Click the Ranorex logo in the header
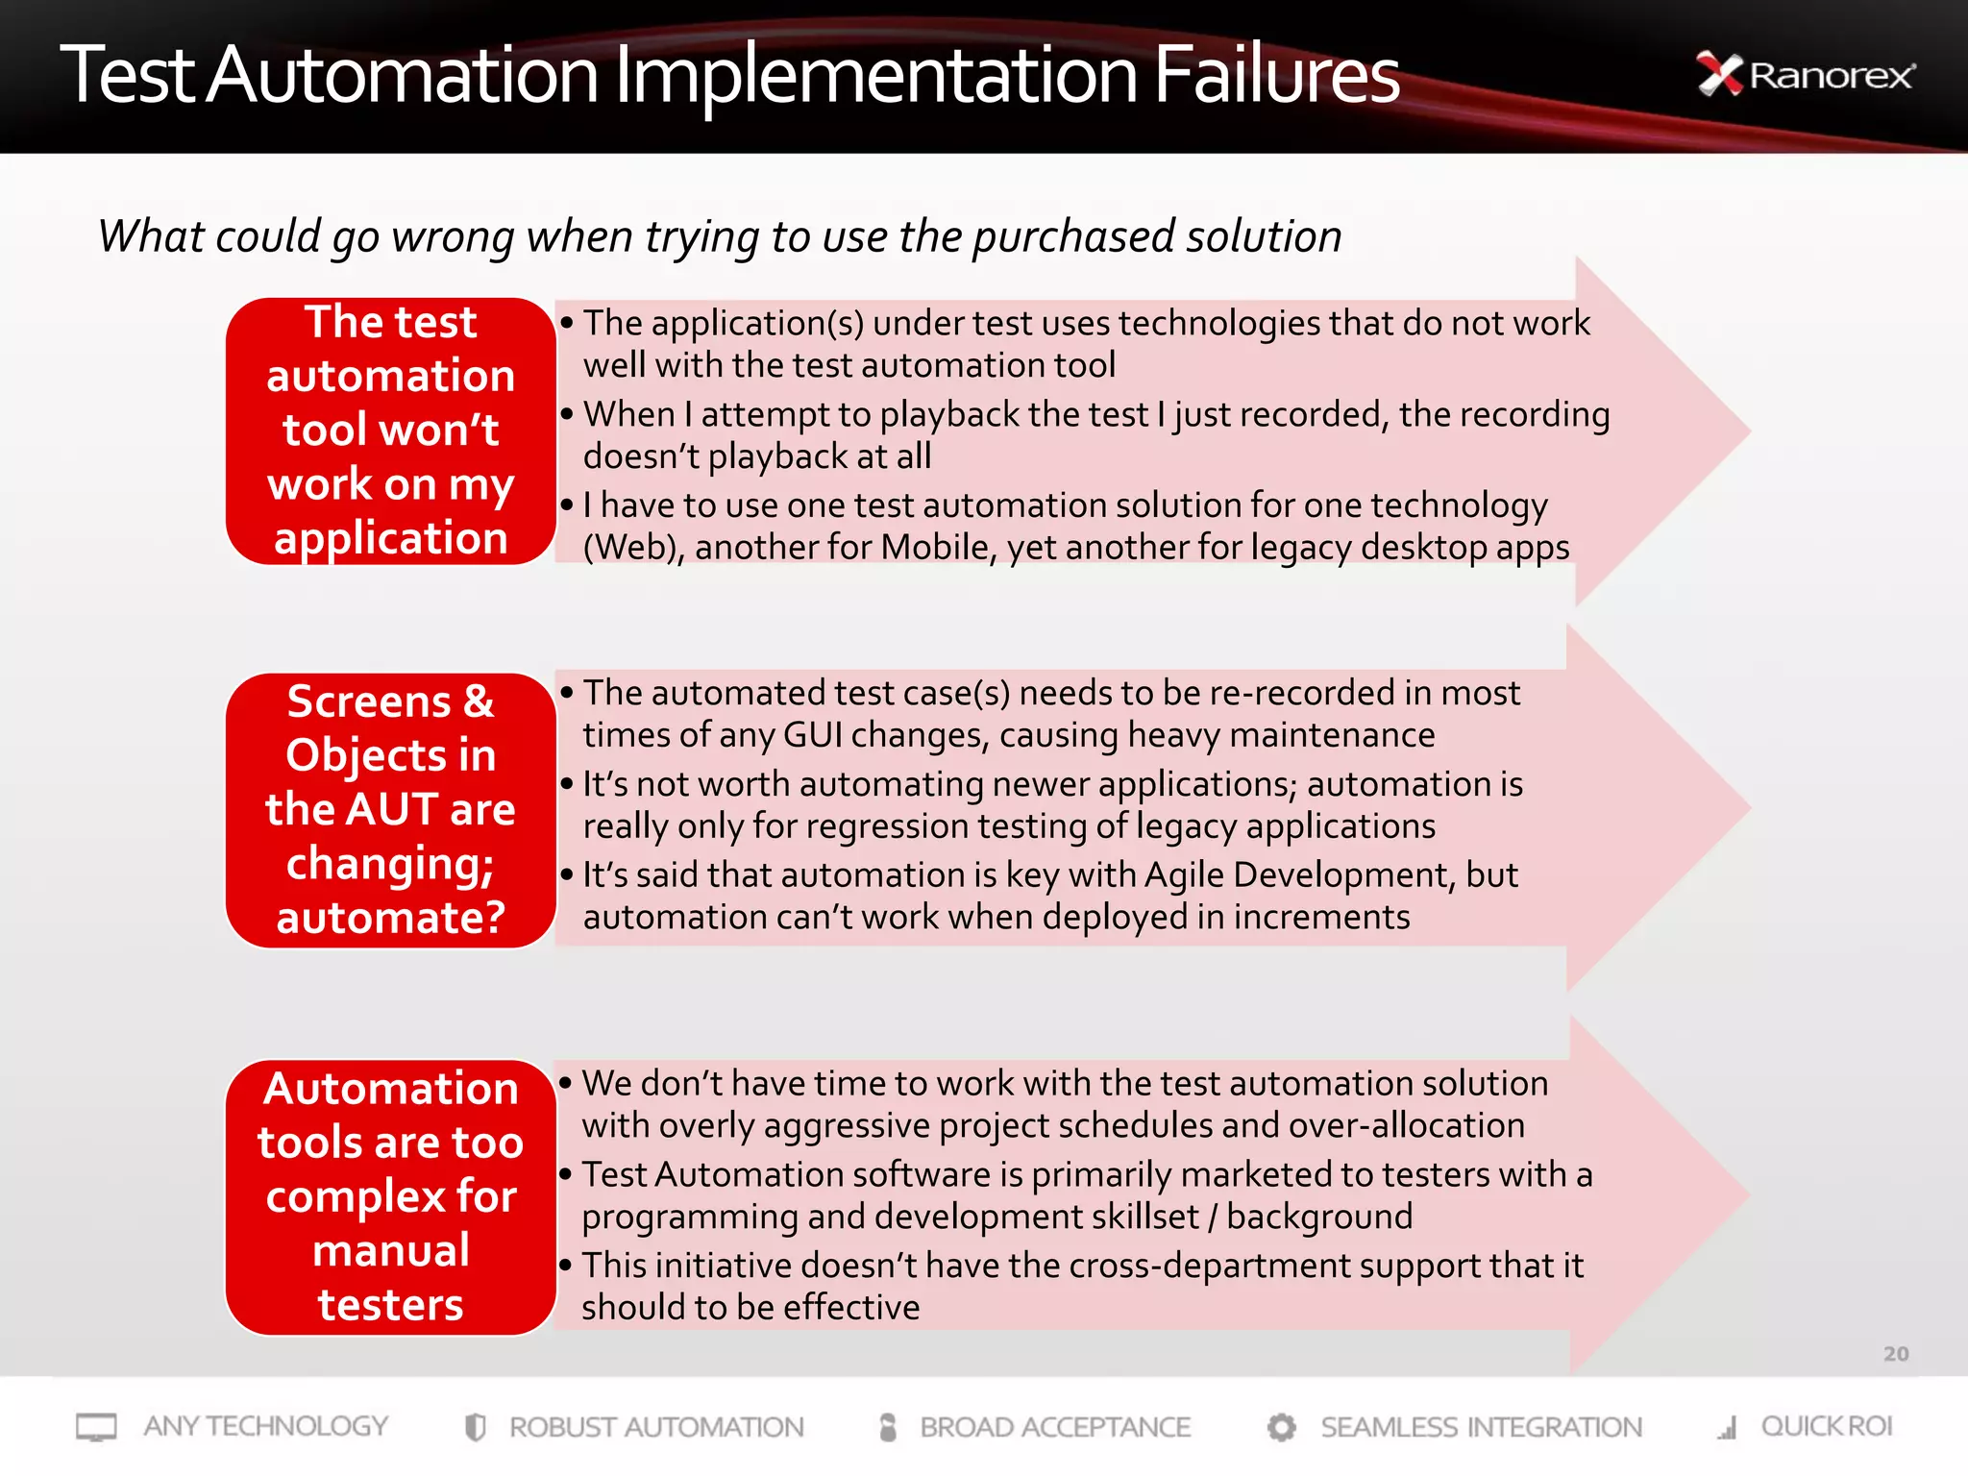(1807, 75)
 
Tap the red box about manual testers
(390, 1196)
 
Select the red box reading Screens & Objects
(390, 809)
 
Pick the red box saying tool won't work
(390, 430)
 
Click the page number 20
(1895, 1354)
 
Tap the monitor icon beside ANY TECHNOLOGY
(96, 1427)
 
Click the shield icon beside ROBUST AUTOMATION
(475, 1427)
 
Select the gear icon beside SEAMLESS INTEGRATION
(1281, 1427)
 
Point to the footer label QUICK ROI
(1826, 1427)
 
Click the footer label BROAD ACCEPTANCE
(1054, 1427)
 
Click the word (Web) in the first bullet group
(633, 548)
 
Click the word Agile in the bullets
(1184, 875)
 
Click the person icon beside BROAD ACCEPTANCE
(888, 1427)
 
